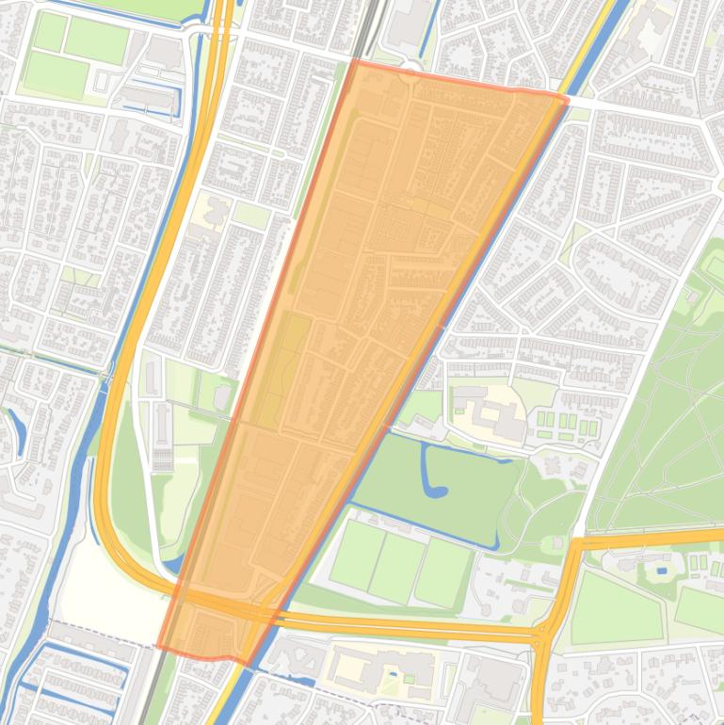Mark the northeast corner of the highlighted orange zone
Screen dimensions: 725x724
tap(567, 98)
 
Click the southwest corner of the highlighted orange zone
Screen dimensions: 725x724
tap(159, 648)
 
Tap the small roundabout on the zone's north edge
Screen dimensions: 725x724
tap(410, 80)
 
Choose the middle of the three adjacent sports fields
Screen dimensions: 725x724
tap(397, 566)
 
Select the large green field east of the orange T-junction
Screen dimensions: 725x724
tap(617, 608)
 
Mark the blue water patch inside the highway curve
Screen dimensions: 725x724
tap(170, 566)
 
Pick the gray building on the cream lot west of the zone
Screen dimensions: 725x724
tap(216, 212)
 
